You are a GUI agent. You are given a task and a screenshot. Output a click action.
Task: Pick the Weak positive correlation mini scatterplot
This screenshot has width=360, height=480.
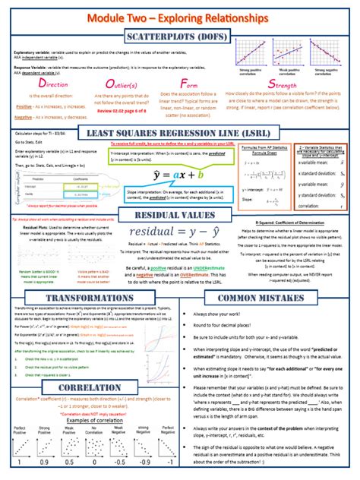292,53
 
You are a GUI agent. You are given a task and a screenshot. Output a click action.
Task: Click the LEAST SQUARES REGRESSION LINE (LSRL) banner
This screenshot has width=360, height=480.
180,134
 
